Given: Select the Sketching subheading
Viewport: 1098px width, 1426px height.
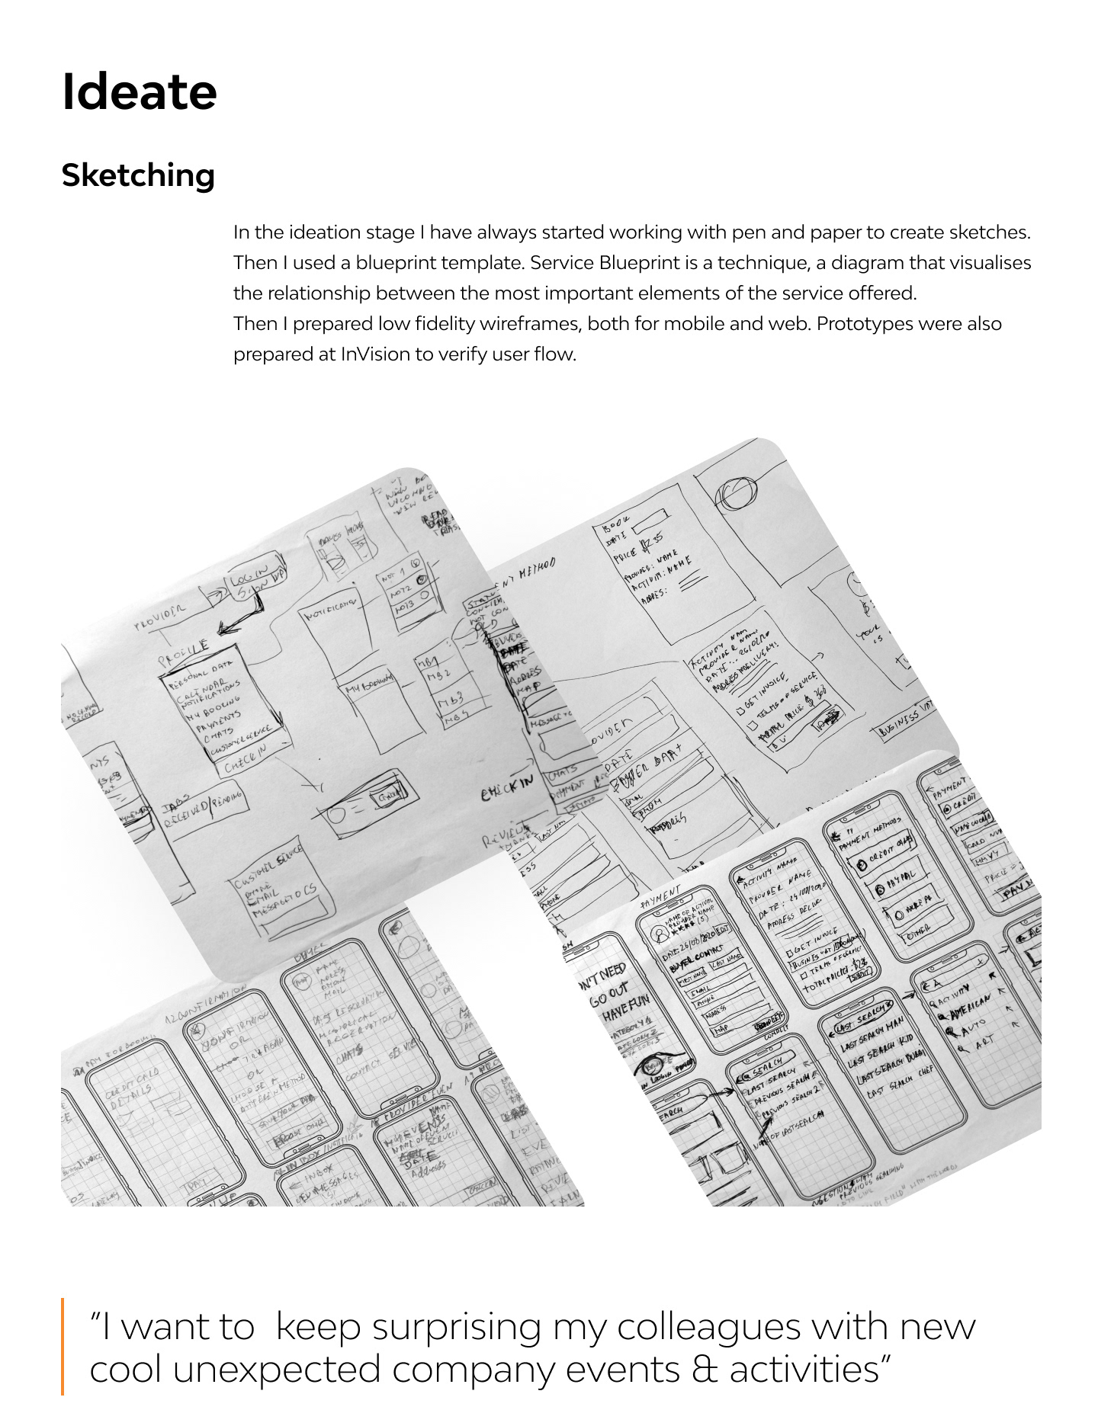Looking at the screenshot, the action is point(138,175).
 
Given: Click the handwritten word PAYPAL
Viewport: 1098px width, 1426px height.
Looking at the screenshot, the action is point(900,877).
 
